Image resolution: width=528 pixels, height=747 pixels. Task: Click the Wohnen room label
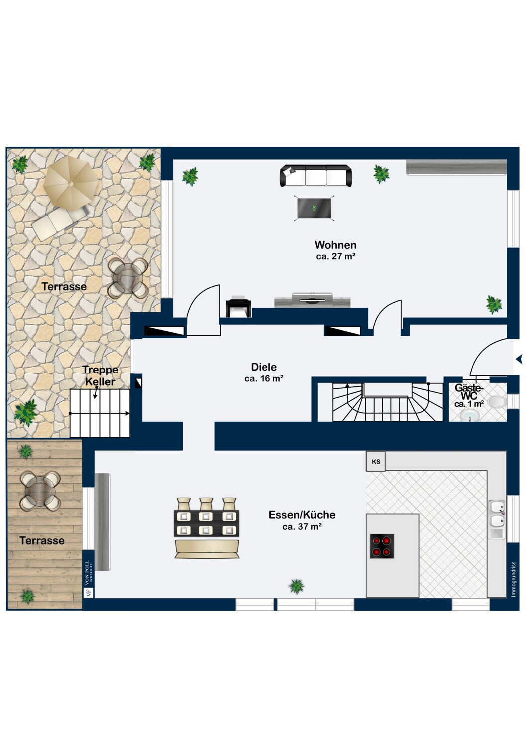(x=335, y=245)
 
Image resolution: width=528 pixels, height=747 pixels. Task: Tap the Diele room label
(x=264, y=367)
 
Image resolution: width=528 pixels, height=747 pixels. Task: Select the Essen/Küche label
(x=302, y=515)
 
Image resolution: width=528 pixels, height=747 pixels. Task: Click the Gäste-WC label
(x=469, y=392)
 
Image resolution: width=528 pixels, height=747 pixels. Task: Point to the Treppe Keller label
(x=100, y=375)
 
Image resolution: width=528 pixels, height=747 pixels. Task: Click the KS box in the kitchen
(x=376, y=462)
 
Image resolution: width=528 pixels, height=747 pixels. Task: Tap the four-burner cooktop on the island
(x=382, y=546)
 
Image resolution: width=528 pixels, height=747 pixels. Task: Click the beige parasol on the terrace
(x=72, y=183)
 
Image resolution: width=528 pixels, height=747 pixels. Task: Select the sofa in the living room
(x=316, y=176)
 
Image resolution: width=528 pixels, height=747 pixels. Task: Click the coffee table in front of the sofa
(x=314, y=208)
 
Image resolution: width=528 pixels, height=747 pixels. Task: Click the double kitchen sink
(x=497, y=519)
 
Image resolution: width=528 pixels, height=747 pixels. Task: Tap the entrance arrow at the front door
(x=519, y=359)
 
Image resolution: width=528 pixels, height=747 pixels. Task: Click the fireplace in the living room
(x=238, y=306)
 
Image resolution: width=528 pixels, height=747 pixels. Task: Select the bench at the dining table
(x=206, y=550)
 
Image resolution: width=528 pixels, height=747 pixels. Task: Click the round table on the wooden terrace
(x=40, y=491)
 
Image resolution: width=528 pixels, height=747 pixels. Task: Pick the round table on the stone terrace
(x=128, y=278)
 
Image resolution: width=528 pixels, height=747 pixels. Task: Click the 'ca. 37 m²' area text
(x=302, y=527)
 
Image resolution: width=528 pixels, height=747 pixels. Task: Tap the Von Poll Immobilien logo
(x=88, y=578)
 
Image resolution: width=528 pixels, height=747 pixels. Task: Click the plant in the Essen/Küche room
(x=296, y=587)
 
